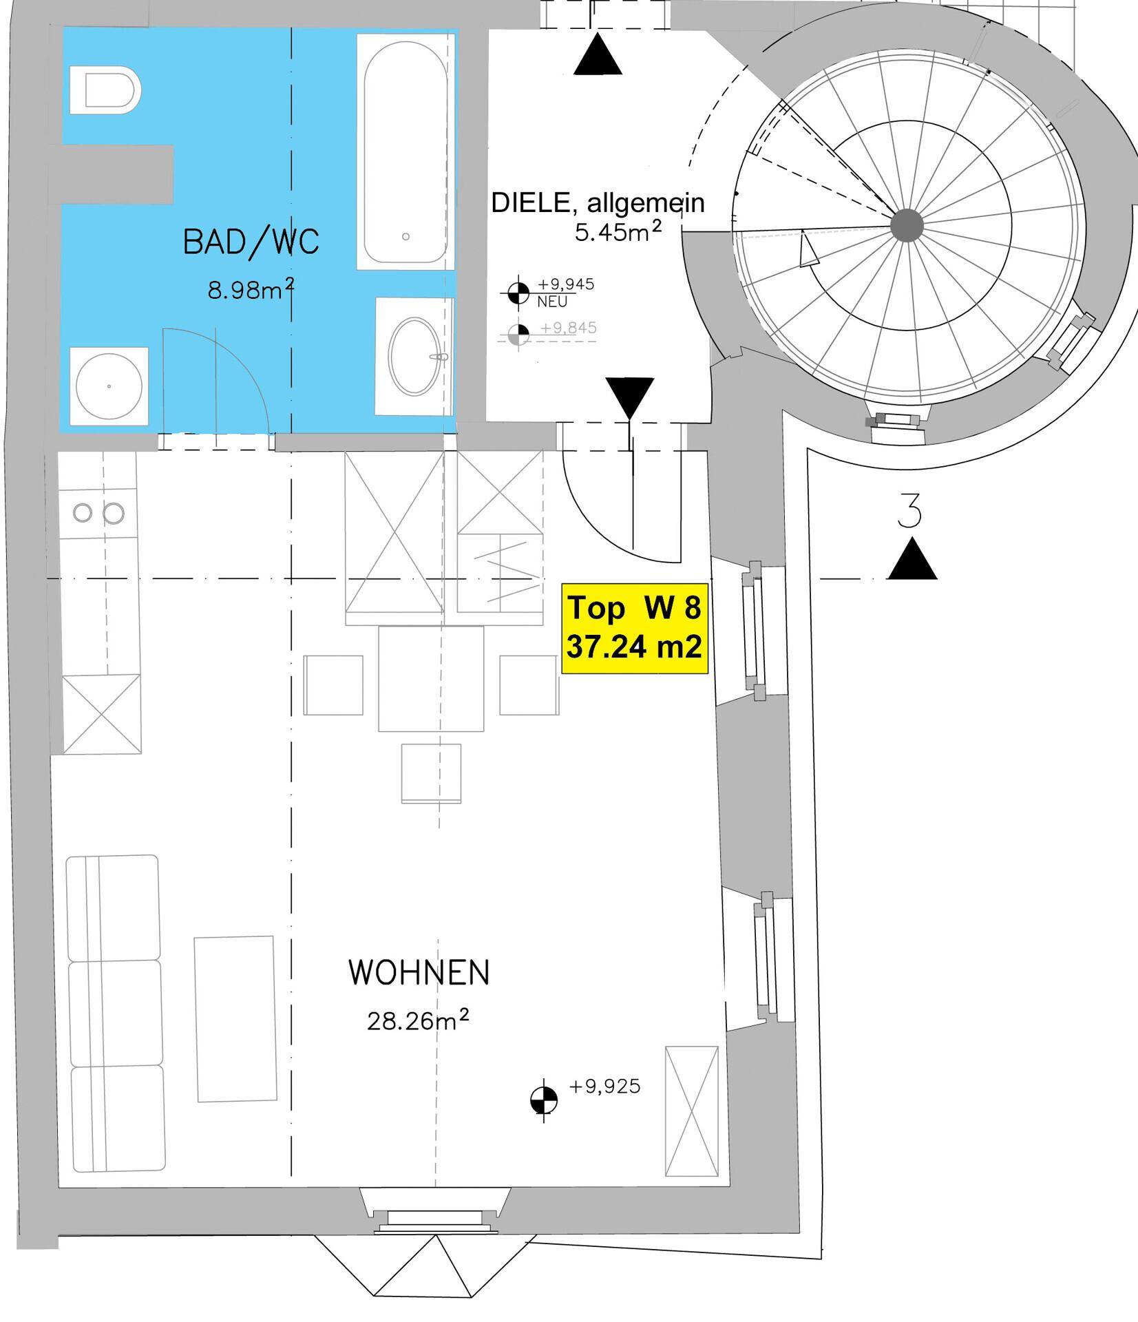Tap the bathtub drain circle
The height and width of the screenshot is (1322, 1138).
(x=406, y=237)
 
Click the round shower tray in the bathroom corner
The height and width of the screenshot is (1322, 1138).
(x=109, y=386)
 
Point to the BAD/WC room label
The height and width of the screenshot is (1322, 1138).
(x=251, y=242)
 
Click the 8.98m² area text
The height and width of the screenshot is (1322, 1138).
(x=251, y=290)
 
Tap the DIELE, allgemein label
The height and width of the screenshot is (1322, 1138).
(x=598, y=203)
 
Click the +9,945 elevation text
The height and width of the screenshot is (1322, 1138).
(x=566, y=284)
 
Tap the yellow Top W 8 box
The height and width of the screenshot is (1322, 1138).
(x=634, y=628)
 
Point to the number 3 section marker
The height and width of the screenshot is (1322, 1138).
(x=910, y=511)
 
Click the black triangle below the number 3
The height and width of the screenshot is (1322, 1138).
(x=912, y=560)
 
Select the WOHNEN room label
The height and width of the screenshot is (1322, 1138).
(x=419, y=973)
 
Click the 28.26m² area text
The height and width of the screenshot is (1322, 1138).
(x=418, y=1020)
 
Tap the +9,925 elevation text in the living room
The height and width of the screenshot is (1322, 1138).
(x=605, y=1087)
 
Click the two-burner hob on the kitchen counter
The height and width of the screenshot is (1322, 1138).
(x=98, y=513)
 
